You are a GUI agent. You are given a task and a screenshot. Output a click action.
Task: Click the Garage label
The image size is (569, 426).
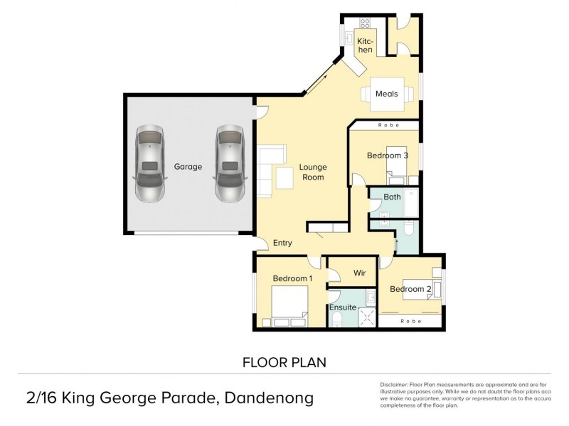[188, 167]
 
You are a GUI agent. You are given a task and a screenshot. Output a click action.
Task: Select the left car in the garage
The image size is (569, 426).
[149, 165]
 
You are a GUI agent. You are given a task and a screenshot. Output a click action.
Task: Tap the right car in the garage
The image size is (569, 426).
[230, 165]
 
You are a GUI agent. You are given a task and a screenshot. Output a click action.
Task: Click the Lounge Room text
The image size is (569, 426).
[312, 172]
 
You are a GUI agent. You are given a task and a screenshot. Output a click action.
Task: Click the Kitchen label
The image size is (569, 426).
[365, 45]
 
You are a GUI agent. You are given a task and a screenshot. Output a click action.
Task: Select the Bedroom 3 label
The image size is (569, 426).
[387, 155]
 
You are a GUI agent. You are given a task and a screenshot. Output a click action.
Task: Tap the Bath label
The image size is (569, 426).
[392, 197]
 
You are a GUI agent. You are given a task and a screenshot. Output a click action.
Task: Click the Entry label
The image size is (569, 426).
[282, 243]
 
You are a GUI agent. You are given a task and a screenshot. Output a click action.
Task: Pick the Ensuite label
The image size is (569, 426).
[342, 307]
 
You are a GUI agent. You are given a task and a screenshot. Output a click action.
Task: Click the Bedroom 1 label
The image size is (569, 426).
[292, 279]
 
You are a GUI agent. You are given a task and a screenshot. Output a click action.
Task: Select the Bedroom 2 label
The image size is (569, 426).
[410, 289]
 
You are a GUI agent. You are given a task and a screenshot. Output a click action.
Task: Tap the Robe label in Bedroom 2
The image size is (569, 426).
[410, 322]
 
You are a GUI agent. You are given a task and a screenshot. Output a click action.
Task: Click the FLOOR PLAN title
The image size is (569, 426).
[284, 362]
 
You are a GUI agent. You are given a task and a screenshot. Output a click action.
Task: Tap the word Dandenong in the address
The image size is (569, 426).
[270, 398]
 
